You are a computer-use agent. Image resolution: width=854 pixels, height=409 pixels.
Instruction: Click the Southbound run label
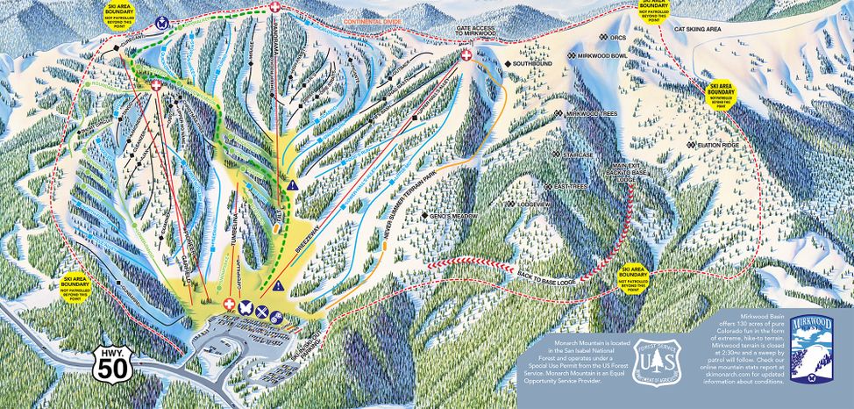532,63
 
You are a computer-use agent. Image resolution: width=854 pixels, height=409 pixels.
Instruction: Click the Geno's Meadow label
449,215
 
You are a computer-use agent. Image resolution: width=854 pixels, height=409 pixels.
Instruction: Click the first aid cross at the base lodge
230,304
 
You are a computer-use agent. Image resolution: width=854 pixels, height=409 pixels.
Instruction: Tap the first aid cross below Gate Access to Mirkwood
466,55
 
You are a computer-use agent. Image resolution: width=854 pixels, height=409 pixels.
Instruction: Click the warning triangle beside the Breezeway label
278,286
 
